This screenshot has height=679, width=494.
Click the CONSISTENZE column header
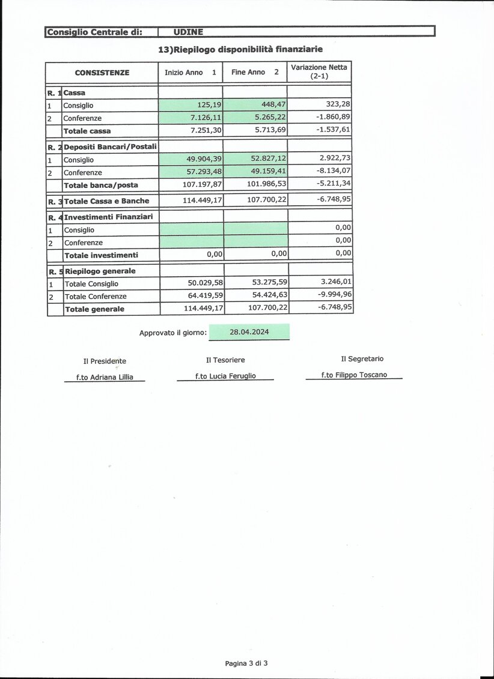(102, 73)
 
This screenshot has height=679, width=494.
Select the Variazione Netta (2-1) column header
(319, 71)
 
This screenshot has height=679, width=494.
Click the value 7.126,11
(205, 118)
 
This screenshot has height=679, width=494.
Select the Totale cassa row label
(87, 130)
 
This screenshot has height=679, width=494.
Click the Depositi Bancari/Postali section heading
(111, 146)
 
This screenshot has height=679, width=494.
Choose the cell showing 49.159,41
(269, 172)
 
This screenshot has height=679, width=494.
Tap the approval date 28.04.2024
(249, 332)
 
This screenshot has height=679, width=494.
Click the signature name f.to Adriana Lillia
(105, 377)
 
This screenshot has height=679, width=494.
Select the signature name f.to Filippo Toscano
(354, 375)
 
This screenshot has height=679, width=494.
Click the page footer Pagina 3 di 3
(246, 663)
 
